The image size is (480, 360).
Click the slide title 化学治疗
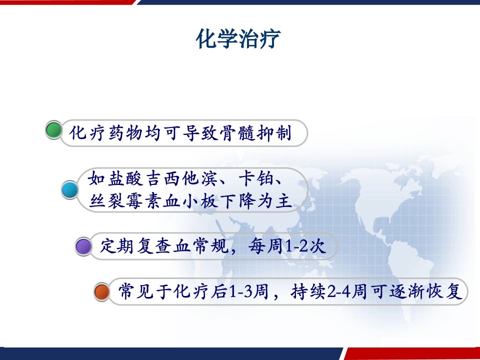click(x=238, y=39)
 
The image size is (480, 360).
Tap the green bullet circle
click(x=54, y=130)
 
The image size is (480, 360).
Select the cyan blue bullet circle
click(x=70, y=190)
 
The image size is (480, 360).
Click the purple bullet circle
click(x=83, y=246)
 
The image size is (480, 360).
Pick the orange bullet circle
click(x=102, y=291)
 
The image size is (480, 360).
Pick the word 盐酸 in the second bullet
click(x=125, y=178)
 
